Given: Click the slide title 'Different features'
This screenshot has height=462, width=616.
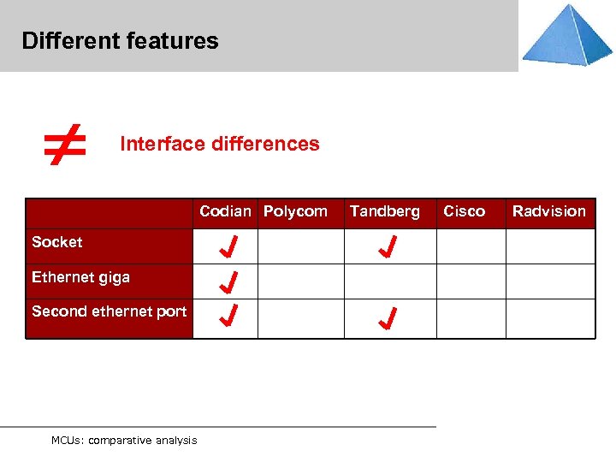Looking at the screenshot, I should (120, 41).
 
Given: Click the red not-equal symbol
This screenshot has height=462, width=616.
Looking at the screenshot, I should (66, 143).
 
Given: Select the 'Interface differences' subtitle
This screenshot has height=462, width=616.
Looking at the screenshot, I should (219, 144).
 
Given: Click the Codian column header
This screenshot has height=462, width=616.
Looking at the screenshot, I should (225, 211).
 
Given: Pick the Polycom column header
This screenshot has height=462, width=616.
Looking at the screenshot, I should (295, 211).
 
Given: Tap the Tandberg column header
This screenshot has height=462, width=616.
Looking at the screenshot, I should (384, 211).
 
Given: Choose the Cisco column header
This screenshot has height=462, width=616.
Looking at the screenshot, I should (464, 211).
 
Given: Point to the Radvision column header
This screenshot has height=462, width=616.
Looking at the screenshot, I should (548, 211).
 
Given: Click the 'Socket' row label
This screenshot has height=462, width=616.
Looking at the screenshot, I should (57, 242).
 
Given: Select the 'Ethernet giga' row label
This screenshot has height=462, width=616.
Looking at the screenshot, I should (80, 277).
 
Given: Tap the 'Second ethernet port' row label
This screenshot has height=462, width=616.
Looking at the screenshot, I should (109, 311).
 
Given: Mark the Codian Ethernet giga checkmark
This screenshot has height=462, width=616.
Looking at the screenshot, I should (228, 281).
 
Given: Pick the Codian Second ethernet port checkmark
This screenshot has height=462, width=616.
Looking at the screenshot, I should (228, 317).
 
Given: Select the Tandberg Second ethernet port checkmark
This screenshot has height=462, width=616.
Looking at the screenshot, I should (388, 319).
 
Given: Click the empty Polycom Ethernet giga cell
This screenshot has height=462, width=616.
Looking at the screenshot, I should (301, 281).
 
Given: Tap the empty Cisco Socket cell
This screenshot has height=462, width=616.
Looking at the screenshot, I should (471, 246).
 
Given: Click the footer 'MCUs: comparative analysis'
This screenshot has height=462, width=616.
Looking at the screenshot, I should (123, 441).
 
